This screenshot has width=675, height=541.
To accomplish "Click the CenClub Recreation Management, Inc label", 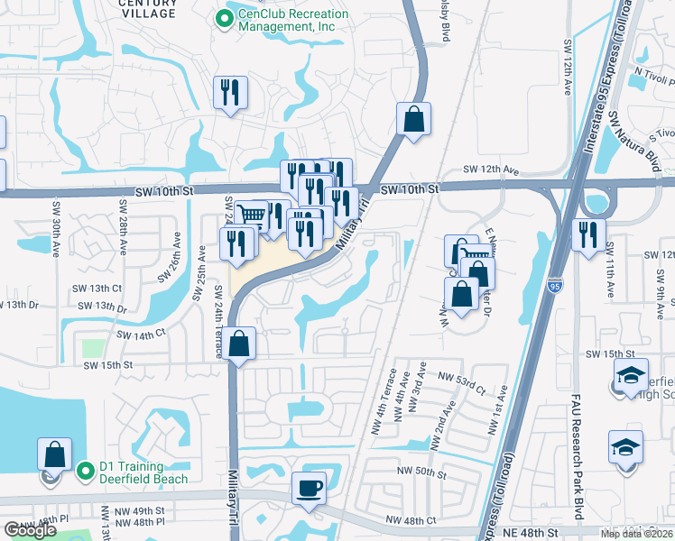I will pos(286,21).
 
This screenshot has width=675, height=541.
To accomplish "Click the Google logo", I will pos(31,529).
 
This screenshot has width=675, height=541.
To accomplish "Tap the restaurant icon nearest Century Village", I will pos(229,92).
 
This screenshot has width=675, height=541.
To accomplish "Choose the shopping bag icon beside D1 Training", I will pos(54,455).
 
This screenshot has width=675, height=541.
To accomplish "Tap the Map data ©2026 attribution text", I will pos(635,534).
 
